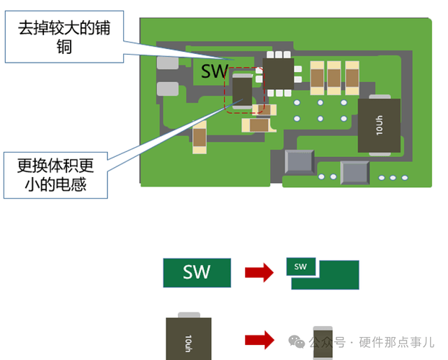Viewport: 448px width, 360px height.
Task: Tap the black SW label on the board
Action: tap(214, 71)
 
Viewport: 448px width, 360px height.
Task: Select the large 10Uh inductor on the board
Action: tap(380, 125)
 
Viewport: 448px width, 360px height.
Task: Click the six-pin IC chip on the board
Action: tap(278, 73)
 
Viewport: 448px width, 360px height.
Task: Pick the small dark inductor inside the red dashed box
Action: tap(243, 91)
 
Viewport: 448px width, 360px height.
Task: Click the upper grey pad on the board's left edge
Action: tap(167, 63)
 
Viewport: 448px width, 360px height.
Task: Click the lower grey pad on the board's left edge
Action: tap(167, 89)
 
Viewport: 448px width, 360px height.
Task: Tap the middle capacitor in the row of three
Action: tap(333, 76)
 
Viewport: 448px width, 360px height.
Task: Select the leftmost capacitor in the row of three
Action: tap(316, 76)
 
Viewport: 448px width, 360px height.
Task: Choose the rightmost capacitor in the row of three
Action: tap(351, 76)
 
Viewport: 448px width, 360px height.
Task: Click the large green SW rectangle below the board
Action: tap(197, 273)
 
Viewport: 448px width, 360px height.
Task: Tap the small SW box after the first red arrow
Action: tap(301, 266)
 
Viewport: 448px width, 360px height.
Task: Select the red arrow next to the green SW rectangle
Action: tap(259, 273)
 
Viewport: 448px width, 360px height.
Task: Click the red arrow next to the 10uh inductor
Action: tap(259, 339)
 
